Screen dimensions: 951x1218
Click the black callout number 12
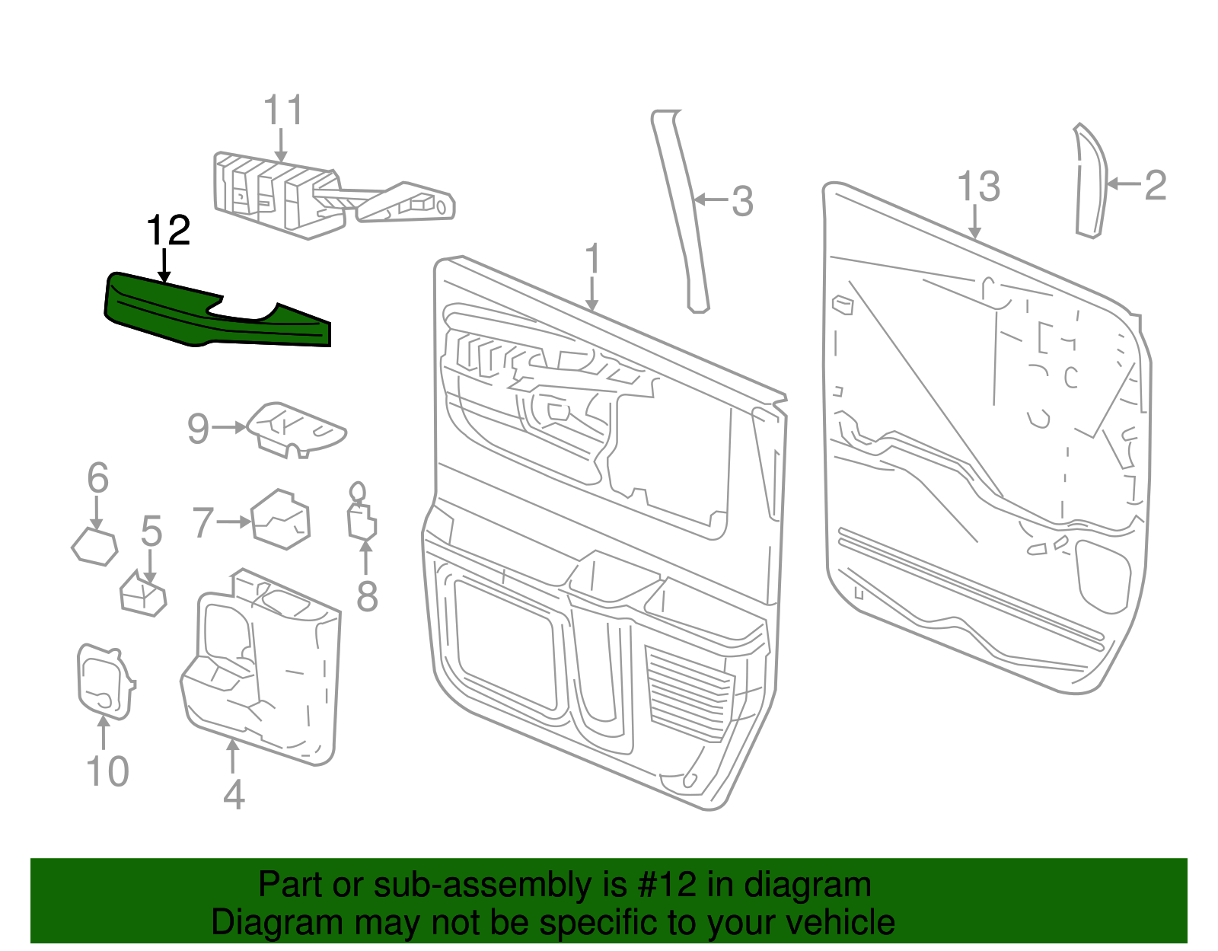click(x=167, y=230)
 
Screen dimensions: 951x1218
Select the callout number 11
click(x=283, y=110)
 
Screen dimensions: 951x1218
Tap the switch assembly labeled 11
click(x=282, y=194)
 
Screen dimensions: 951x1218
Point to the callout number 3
click(x=742, y=202)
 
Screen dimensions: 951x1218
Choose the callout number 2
click(x=1155, y=185)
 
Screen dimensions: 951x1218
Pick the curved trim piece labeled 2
click(x=1090, y=183)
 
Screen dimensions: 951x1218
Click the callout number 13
click(x=978, y=187)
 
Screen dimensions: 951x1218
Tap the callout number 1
click(x=592, y=260)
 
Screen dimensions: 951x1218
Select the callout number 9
click(x=198, y=429)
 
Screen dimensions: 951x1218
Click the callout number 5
click(x=151, y=531)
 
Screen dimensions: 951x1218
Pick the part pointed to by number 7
click(x=280, y=520)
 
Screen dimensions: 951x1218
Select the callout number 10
click(x=107, y=771)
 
